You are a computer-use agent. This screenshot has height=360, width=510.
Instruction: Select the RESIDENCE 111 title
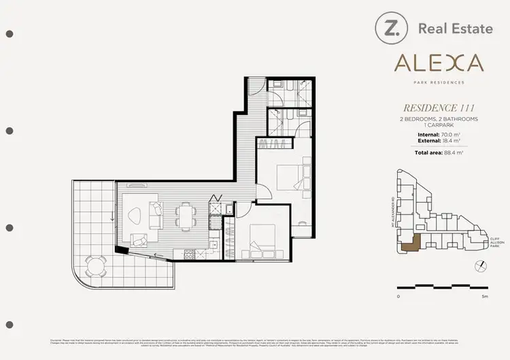click(439, 108)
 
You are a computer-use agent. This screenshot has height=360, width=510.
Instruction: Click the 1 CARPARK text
click(439, 125)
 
